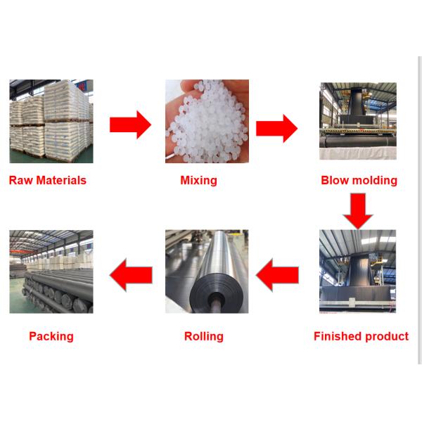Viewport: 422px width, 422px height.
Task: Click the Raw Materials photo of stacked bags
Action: (51, 122)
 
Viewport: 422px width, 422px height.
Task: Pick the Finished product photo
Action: (358, 271)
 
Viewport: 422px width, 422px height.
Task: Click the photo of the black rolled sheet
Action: (206, 271)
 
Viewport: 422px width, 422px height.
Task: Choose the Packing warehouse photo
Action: (51, 271)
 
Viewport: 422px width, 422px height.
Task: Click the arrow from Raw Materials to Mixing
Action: (131, 124)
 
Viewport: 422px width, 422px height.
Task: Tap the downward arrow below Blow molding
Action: (358, 210)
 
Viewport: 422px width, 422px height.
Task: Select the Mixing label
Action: (198, 181)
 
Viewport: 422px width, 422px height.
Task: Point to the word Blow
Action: (335, 180)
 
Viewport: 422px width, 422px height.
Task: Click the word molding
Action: (375, 181)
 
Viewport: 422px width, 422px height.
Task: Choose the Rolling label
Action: (203, 337)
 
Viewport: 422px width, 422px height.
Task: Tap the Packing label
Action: (51, 337)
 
